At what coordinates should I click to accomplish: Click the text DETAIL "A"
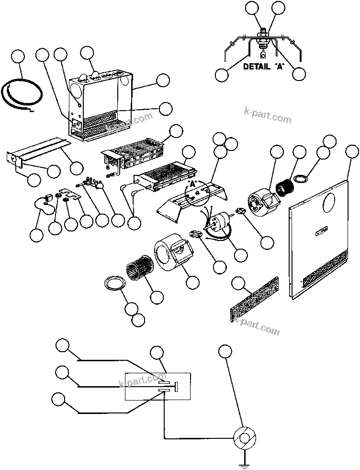coord(263,67)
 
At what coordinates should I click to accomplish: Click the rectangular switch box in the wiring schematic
coord(158,386)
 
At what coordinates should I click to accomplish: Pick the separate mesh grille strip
coord(254,300)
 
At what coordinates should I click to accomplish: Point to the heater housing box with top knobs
coord(100,105)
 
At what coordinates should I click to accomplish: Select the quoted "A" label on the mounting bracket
coord(193,183)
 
